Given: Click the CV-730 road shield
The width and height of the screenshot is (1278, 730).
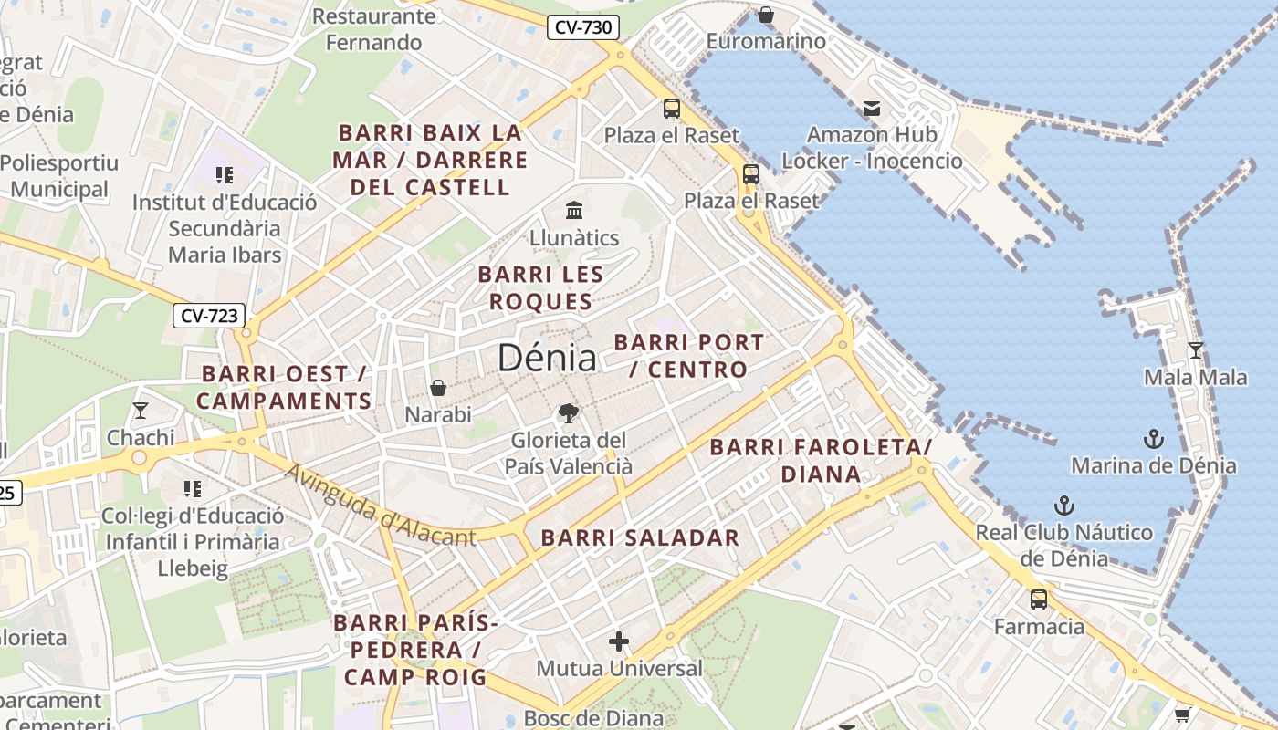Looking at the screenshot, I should pyautogui.click(x=583, y=27).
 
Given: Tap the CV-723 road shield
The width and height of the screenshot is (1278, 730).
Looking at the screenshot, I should pyautogui.click(x=209, y=316).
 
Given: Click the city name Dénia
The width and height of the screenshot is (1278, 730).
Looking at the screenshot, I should pyautogui.click(x=547, y=358).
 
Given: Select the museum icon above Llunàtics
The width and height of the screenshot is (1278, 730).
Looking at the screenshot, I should pyautogui.click(x=574, y=211).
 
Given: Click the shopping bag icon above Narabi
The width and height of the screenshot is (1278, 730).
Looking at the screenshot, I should pyautogui.click(x=438, y=388).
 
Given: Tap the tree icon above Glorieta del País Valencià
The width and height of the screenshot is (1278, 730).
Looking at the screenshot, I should pyautogui.click(x=569, y=413).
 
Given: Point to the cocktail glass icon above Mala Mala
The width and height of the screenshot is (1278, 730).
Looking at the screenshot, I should pyautogui.click(x=1195, y=349).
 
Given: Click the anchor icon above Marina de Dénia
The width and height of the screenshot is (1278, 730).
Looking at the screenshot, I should pyautogui.click(x=1153, y=439).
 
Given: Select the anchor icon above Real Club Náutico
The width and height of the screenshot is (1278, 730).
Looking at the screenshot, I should pyautogui.click(x=1063, y=506).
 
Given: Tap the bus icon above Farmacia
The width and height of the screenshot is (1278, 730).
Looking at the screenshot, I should pyautogui.click(x=1039, y=600).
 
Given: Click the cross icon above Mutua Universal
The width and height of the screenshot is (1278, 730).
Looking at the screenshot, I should pyautogui.click(x=619, y=641).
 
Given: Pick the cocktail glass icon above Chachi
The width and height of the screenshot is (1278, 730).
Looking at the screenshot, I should pyautogui.click(x=141, y=411).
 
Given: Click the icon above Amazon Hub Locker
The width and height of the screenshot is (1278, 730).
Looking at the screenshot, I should pyautogui.click(x=872, y=109).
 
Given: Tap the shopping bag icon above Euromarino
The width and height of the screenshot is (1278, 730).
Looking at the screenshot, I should pyautogui.click(x=766, y=15).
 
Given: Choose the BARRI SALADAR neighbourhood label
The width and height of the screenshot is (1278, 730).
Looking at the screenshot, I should pyautogui.click(x=640, y=537).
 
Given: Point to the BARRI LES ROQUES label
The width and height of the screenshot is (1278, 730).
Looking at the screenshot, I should pyautogui.click(x=540, y=287).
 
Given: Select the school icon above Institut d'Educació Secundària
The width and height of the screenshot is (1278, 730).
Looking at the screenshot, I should pyautogui.click(x=225, y=174).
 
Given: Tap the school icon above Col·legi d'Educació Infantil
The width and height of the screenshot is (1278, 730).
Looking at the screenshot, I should pyautogui.click(x=192, y=489).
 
